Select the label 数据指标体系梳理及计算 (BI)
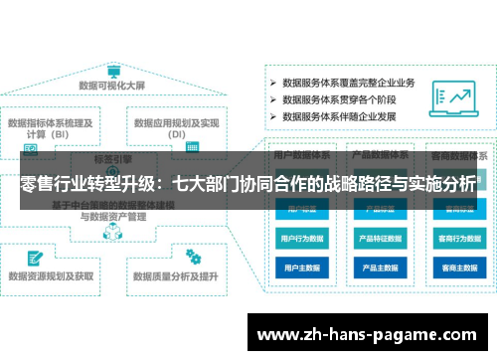[x=51, y=129]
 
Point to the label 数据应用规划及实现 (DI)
[x=177, y=129]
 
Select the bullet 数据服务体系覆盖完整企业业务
[x=347, y=83]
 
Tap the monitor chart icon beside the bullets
[x=459, y=98]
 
